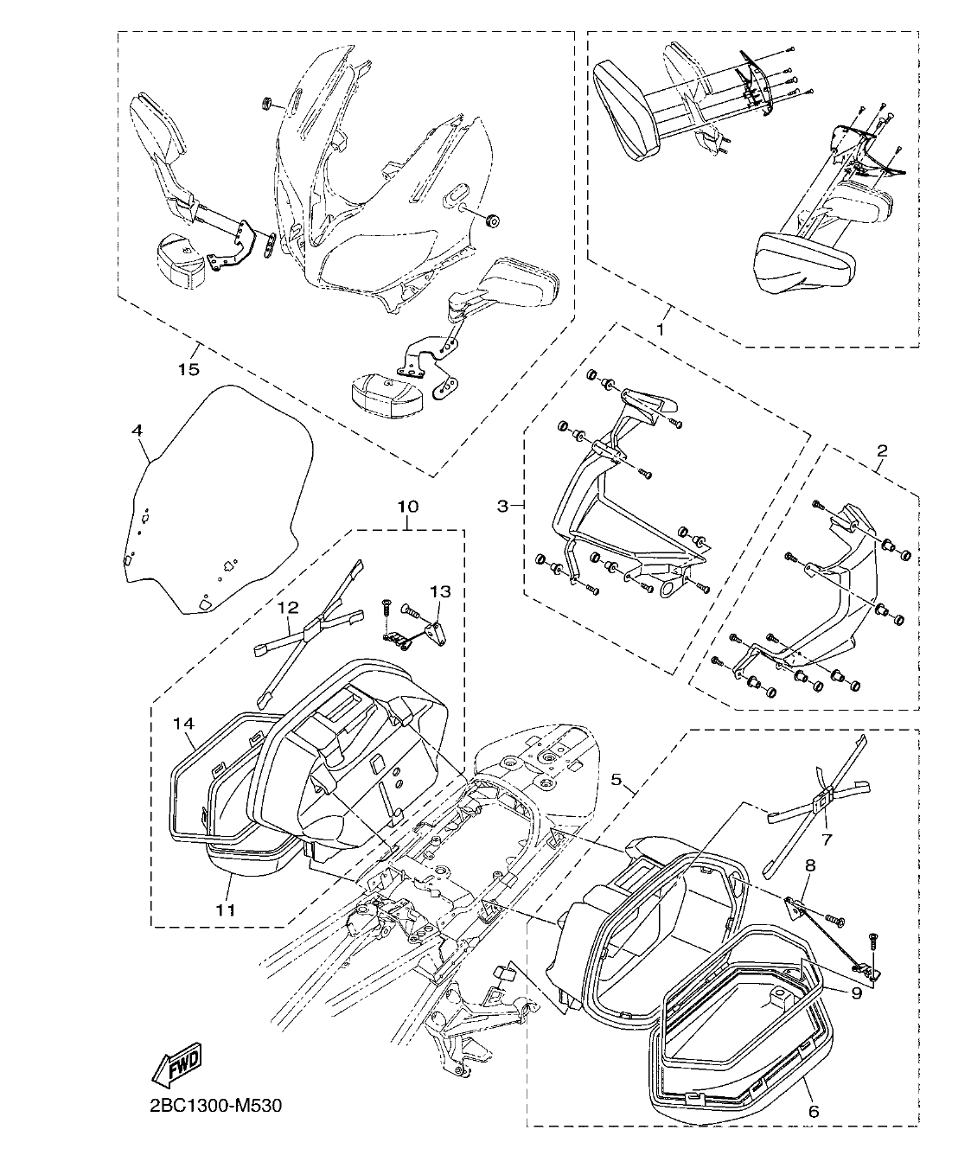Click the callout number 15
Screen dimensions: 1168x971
[188, 369]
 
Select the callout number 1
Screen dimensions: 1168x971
[661, 330]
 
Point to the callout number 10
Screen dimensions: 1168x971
[407, 505]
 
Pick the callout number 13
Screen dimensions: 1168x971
[440, 591]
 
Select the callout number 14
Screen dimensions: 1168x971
[185, 722]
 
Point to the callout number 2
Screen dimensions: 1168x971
[881, 450]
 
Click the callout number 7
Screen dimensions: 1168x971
[827, 839]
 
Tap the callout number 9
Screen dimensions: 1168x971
[855, 993]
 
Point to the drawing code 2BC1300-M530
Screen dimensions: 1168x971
[209, 1107]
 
